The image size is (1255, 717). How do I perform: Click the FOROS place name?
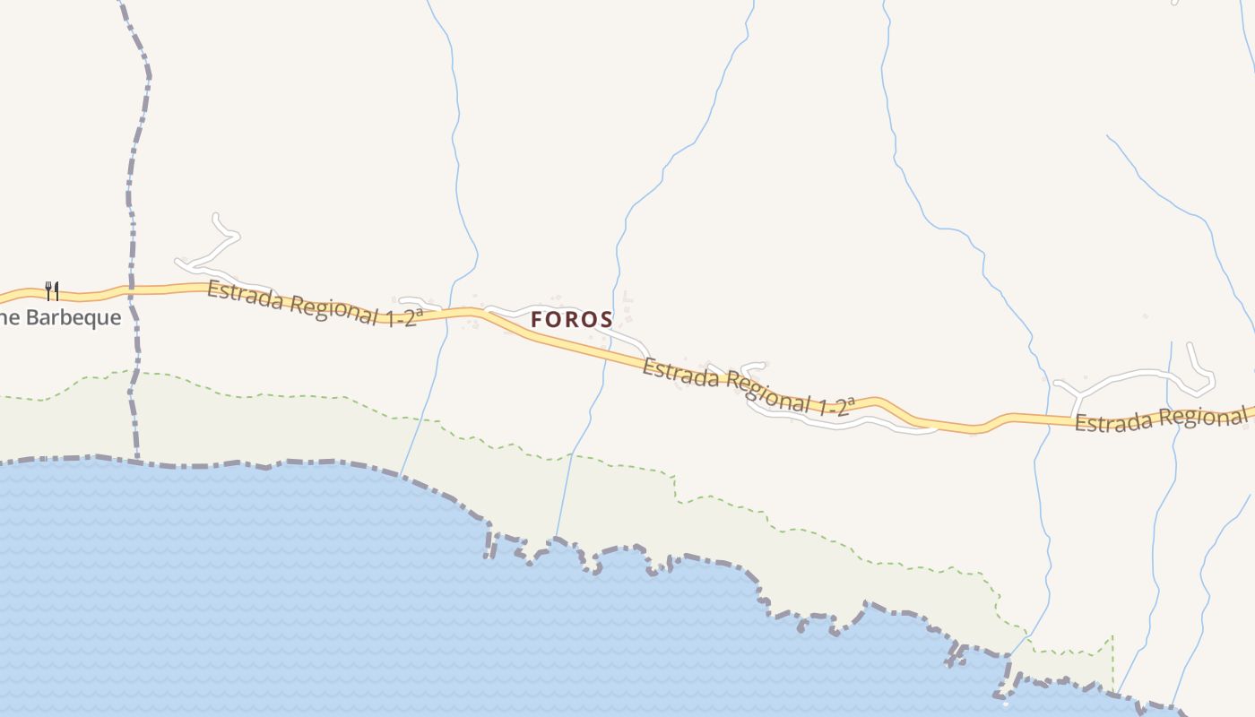coord(571,319)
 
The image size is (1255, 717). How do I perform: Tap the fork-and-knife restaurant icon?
coord(52,290)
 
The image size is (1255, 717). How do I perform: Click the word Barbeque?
coord(74,317)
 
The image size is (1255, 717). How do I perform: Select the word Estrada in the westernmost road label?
coord(244,297)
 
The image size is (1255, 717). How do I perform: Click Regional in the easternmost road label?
coord(1201,416)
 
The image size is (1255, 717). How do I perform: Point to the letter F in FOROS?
coord(537,319)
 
